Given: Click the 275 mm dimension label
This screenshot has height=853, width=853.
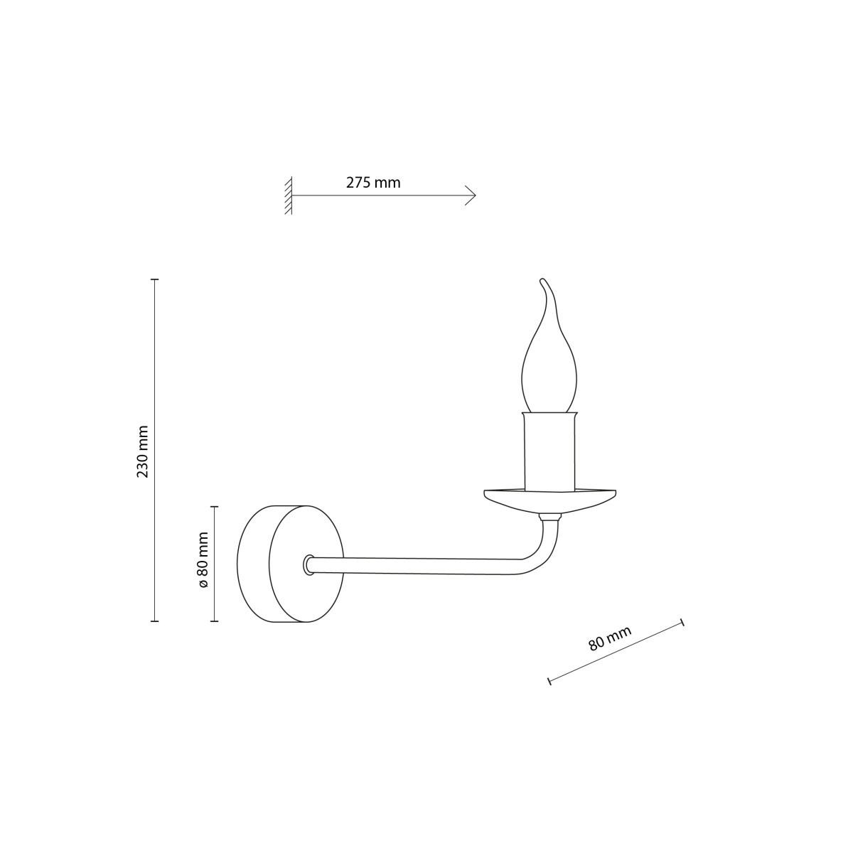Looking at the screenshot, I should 373,183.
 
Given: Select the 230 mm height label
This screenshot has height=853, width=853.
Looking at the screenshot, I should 143,451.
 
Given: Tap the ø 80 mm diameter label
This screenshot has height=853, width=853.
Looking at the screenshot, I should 203,559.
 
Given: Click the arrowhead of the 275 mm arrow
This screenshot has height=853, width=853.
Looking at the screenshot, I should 472,195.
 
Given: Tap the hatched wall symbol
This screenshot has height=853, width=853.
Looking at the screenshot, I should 288,195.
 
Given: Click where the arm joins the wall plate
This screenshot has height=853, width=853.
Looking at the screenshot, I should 309,565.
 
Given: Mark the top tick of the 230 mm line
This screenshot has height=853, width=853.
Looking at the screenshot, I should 155,280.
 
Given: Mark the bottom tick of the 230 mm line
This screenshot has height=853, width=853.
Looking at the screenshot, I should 155,621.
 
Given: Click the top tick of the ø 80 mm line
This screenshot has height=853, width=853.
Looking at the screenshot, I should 215,508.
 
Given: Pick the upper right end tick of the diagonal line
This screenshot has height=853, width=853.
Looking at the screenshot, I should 682,623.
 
